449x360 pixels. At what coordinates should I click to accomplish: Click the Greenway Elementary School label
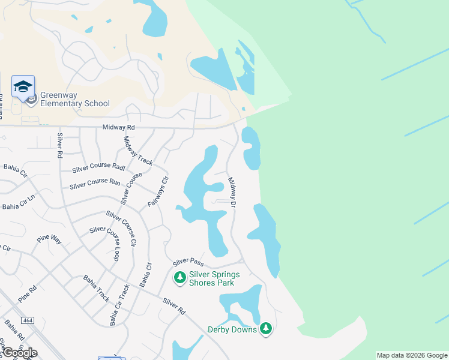(x=75, y=99)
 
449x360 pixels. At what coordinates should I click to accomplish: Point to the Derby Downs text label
(x=232, y=329)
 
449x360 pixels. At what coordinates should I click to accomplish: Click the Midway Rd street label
(x=119, y=127)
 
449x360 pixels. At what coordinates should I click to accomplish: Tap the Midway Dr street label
(x=233, y=193)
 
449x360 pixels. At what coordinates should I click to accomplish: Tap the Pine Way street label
(x=49, y=239)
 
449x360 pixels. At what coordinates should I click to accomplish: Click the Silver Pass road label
(x=188, y=263)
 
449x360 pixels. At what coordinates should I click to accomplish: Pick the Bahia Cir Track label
(x=119, y=305)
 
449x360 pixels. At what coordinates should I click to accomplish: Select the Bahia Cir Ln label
(x=19, y=206)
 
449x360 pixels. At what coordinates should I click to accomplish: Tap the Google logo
(x=19, y=353)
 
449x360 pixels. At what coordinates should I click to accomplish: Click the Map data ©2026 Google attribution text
(x=412, y=355)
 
